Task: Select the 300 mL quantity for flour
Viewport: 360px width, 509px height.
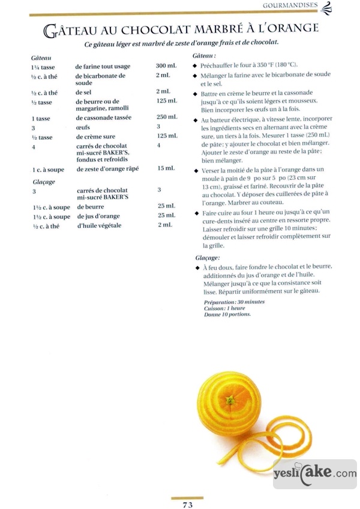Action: pyautogui.click(x=165, y=65)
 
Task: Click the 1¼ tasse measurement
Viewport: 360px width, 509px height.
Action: pyautogui.click(x=41, y=66)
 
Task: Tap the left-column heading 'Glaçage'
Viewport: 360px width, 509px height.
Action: pyautogui.click(x=43, y=181)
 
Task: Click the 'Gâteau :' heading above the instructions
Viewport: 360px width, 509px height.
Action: pyautogui.click(x=206, y=55)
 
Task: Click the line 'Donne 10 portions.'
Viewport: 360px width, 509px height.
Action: pyautogui.click(x=227, y=314)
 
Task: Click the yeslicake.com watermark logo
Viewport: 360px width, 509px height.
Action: pyautogui.click(x=314, y=474)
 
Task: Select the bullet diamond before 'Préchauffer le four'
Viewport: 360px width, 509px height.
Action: pyautogui.click(x=196, y=65)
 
